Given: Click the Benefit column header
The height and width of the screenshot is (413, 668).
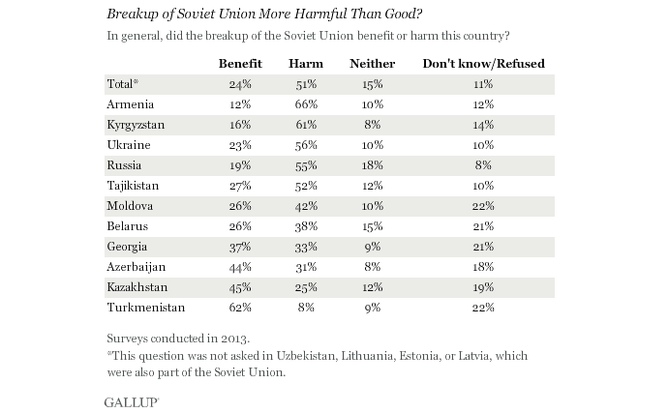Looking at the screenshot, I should point(241,64).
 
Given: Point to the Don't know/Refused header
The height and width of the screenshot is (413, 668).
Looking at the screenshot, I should point(484,64).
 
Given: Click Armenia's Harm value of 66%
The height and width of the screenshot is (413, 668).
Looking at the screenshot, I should point(305,103).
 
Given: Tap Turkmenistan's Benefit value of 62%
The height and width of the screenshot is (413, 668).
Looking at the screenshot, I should point(240,308).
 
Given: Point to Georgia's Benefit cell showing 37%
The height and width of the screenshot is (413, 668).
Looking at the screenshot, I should point(240,247).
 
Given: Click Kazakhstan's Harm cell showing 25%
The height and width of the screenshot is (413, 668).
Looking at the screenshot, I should point(305,287).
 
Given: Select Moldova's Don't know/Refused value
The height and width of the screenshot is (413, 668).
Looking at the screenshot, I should point(484,206).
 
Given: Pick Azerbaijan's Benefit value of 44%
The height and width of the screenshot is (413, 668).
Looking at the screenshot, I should point(240,267).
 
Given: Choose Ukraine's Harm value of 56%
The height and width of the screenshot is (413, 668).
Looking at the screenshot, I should point(305,144).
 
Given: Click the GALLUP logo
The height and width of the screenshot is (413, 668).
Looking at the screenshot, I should point(131,399).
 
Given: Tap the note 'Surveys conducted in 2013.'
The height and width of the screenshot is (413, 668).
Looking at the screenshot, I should point(178,339).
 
